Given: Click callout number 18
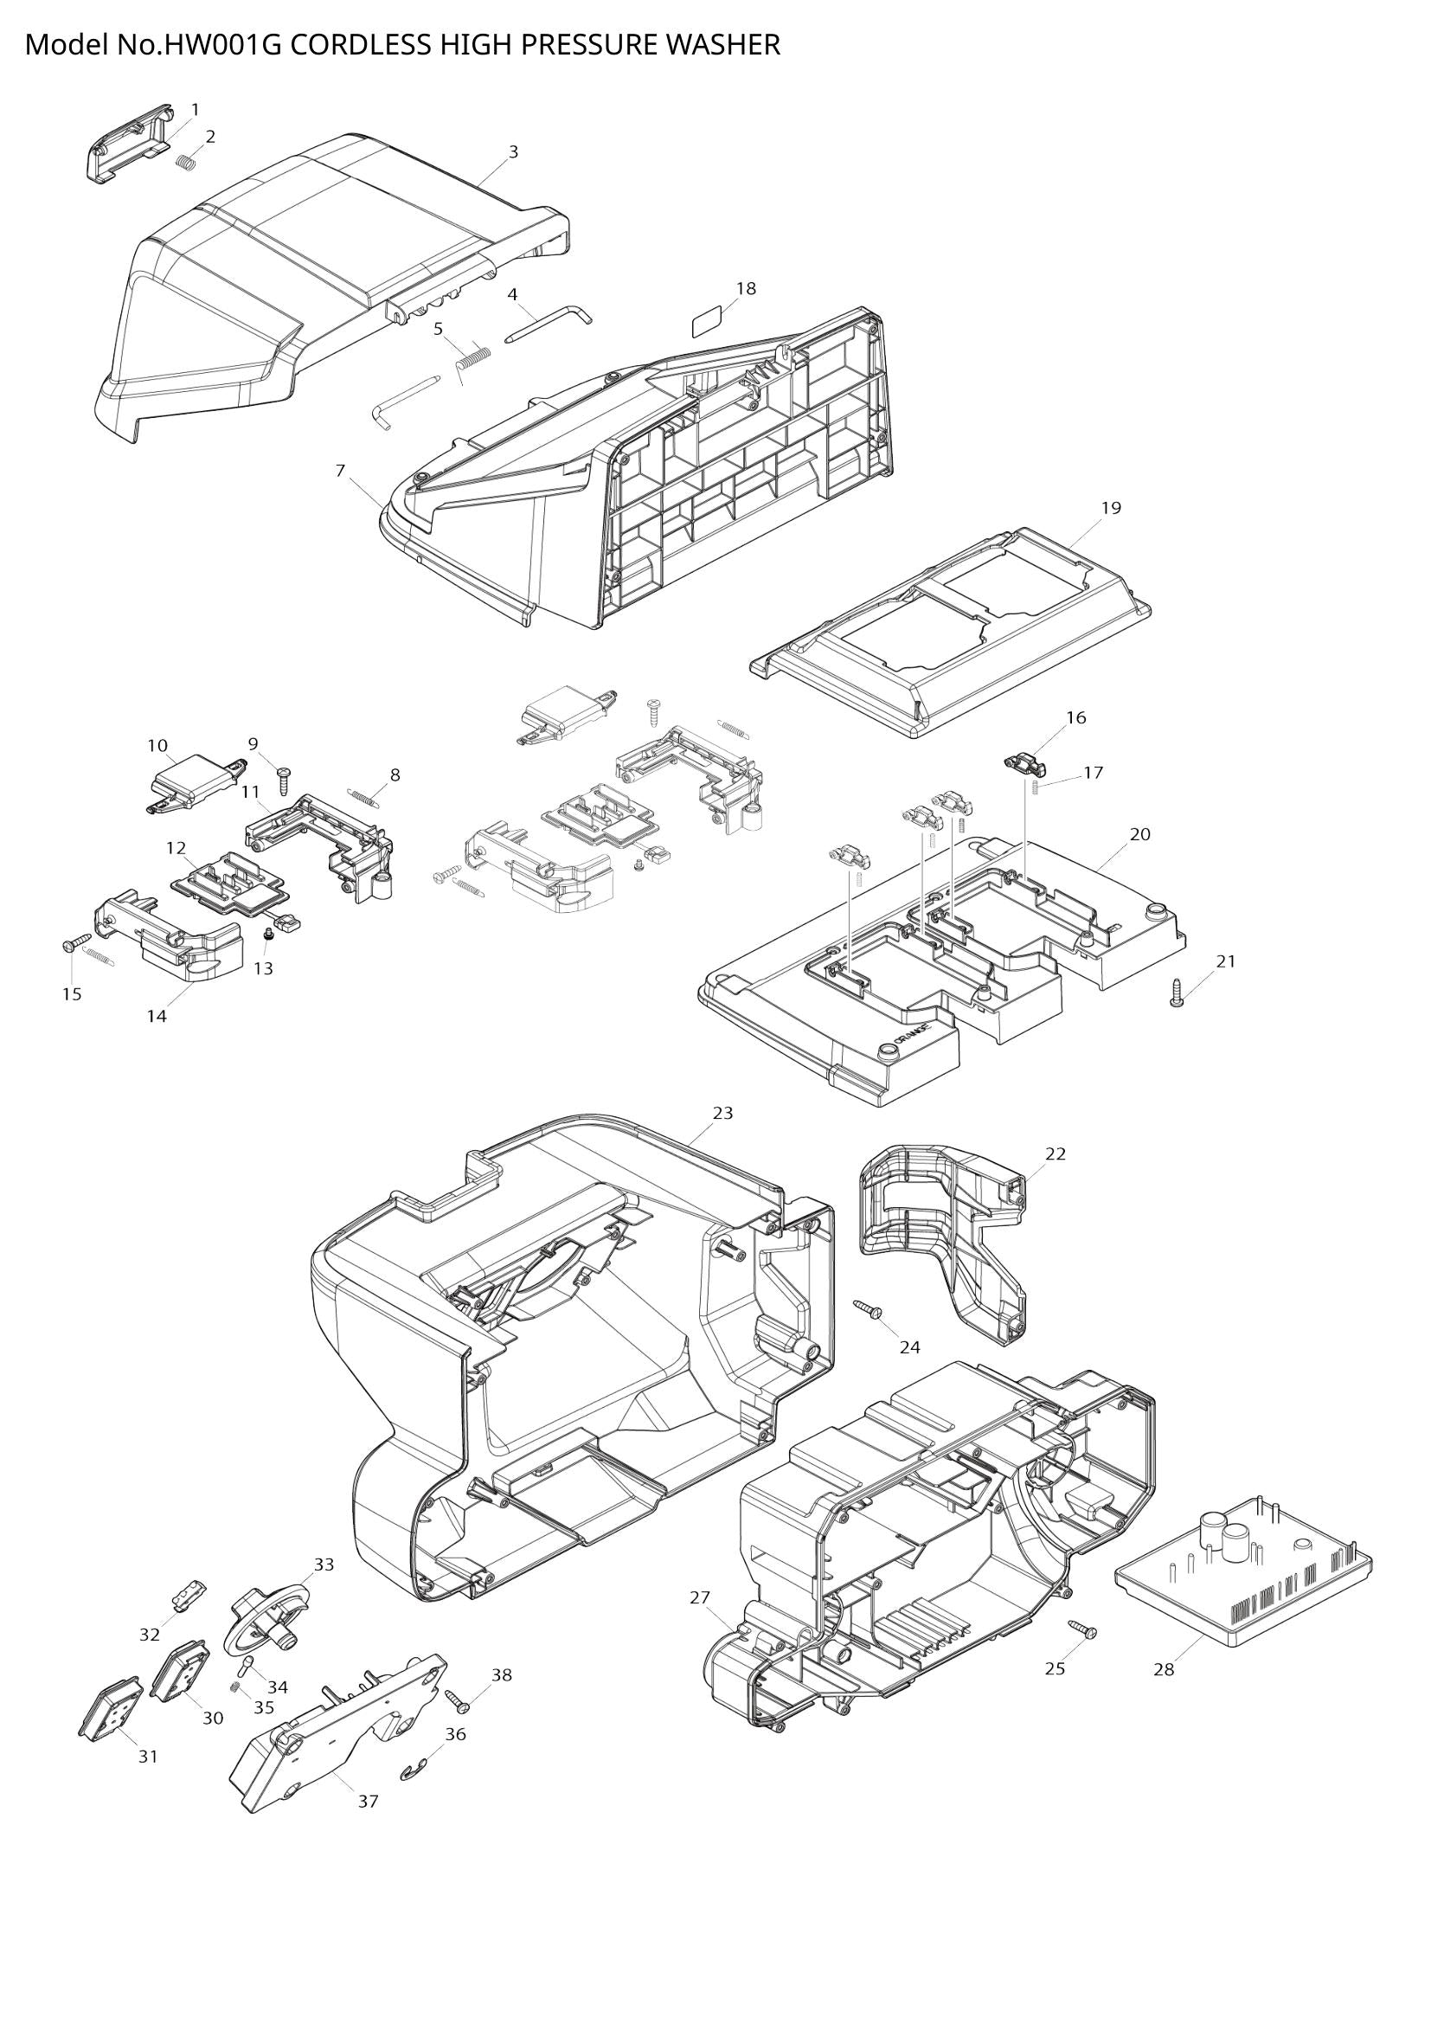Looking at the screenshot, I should click(x=746, y=289).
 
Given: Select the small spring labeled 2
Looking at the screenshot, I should click(x=185, y=162).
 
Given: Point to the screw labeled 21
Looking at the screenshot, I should click(x=1177, y=993).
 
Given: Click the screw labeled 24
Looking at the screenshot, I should click(x=868, y=1309).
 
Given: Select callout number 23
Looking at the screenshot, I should click(x=722, y=1114).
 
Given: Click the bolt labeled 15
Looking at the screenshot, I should click(x=76, y=944).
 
